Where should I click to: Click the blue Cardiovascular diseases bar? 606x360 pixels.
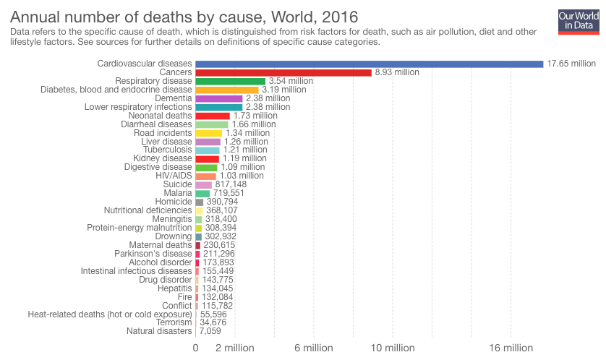click(369, 64)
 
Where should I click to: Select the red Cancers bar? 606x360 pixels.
click(283, 72)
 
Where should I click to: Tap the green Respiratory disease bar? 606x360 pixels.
click(230, 81)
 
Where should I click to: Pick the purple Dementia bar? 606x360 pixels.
click(218, 98)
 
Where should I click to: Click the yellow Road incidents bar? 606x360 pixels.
click(208, 133)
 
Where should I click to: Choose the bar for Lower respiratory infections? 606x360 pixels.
click(218, 107)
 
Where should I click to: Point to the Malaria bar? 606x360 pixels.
click(202, 194)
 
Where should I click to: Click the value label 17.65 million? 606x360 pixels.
click(571, 64)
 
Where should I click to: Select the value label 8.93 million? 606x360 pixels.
click(397, 72)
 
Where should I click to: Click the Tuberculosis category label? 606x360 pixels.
click(168, 150)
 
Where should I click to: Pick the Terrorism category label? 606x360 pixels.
click(171, 322)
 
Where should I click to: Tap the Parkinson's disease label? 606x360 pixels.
click(153, 254)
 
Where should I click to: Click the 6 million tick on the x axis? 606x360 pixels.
click(313, 348)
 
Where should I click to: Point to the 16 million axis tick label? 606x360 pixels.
click(511, 348)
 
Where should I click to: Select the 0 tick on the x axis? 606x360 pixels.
click(195, 348)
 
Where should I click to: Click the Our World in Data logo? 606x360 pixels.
click(579, 21)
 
